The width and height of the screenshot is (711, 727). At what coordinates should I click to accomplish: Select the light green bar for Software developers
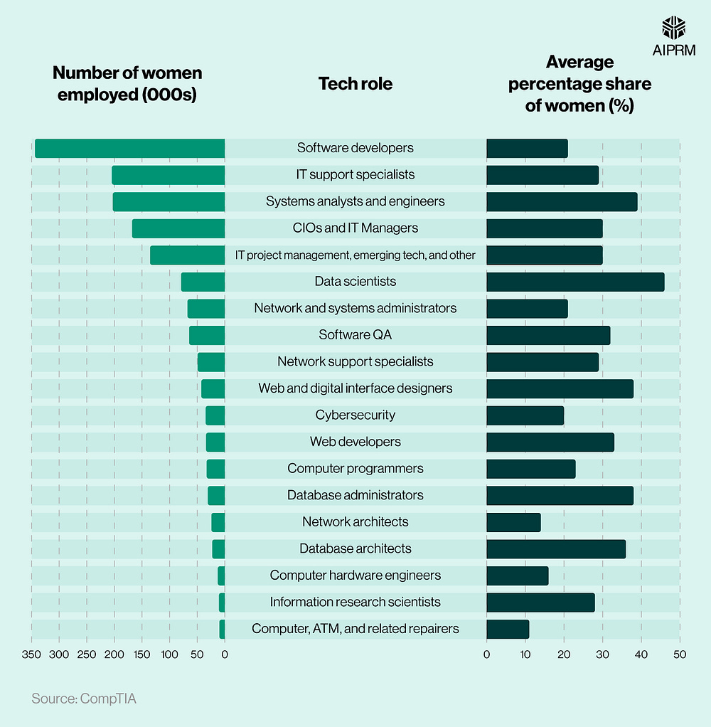(129, 148)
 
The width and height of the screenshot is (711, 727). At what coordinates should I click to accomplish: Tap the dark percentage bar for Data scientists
(575, 282)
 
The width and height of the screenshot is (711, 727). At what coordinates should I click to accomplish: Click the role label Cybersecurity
(355, 415)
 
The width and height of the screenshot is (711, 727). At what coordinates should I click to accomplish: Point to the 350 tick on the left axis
(31, 654)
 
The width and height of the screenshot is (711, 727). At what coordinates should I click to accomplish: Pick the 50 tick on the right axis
(680, 654)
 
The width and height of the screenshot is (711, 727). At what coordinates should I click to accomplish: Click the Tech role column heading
(355, 84)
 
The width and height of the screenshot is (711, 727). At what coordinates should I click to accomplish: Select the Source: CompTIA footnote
(83, 699)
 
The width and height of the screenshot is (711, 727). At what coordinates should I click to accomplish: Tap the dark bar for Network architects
(513, 522)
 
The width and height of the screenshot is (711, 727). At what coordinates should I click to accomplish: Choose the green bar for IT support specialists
(169, 175)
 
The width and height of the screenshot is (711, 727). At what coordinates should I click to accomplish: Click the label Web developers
(355, 442)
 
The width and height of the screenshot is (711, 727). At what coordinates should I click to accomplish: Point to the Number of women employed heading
(127, 84)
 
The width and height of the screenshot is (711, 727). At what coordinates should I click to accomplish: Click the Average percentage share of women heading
(579, 84)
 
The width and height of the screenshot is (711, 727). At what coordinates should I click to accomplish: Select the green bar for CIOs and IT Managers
(178, 228)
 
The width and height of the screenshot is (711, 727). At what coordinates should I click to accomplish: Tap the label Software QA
(355, 335)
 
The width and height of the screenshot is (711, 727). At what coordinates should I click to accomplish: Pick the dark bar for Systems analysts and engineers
(562, 201)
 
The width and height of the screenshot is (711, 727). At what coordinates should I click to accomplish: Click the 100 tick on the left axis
(169, 654)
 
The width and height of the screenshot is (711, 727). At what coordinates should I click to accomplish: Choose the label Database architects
(355, 548)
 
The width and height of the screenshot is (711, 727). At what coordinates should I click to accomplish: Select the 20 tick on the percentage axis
(564, 654)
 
